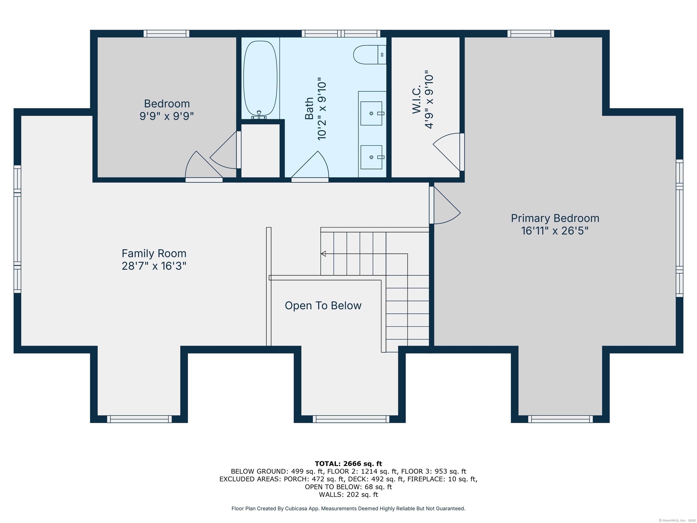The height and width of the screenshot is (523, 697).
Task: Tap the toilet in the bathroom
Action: click(x=370, y=54)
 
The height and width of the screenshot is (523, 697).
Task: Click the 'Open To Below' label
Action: click(x=323, y=306)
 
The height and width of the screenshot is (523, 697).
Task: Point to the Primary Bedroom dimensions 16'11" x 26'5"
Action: click(x=555, y=231)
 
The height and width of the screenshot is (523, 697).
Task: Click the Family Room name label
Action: click(x=154, y=254)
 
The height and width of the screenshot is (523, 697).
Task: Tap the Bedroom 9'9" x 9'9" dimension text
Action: click(x=167, y=116)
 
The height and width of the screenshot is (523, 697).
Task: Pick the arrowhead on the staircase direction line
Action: click(x=323, y=254)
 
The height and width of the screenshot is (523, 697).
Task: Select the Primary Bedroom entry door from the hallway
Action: click(x=445, y=205)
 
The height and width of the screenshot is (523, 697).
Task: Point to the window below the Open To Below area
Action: click(x=351, y=419)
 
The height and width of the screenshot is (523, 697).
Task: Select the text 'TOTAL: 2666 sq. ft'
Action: click(x=348, y=464)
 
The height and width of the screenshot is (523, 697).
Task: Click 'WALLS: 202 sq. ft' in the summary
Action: click(x=348, y=495)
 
